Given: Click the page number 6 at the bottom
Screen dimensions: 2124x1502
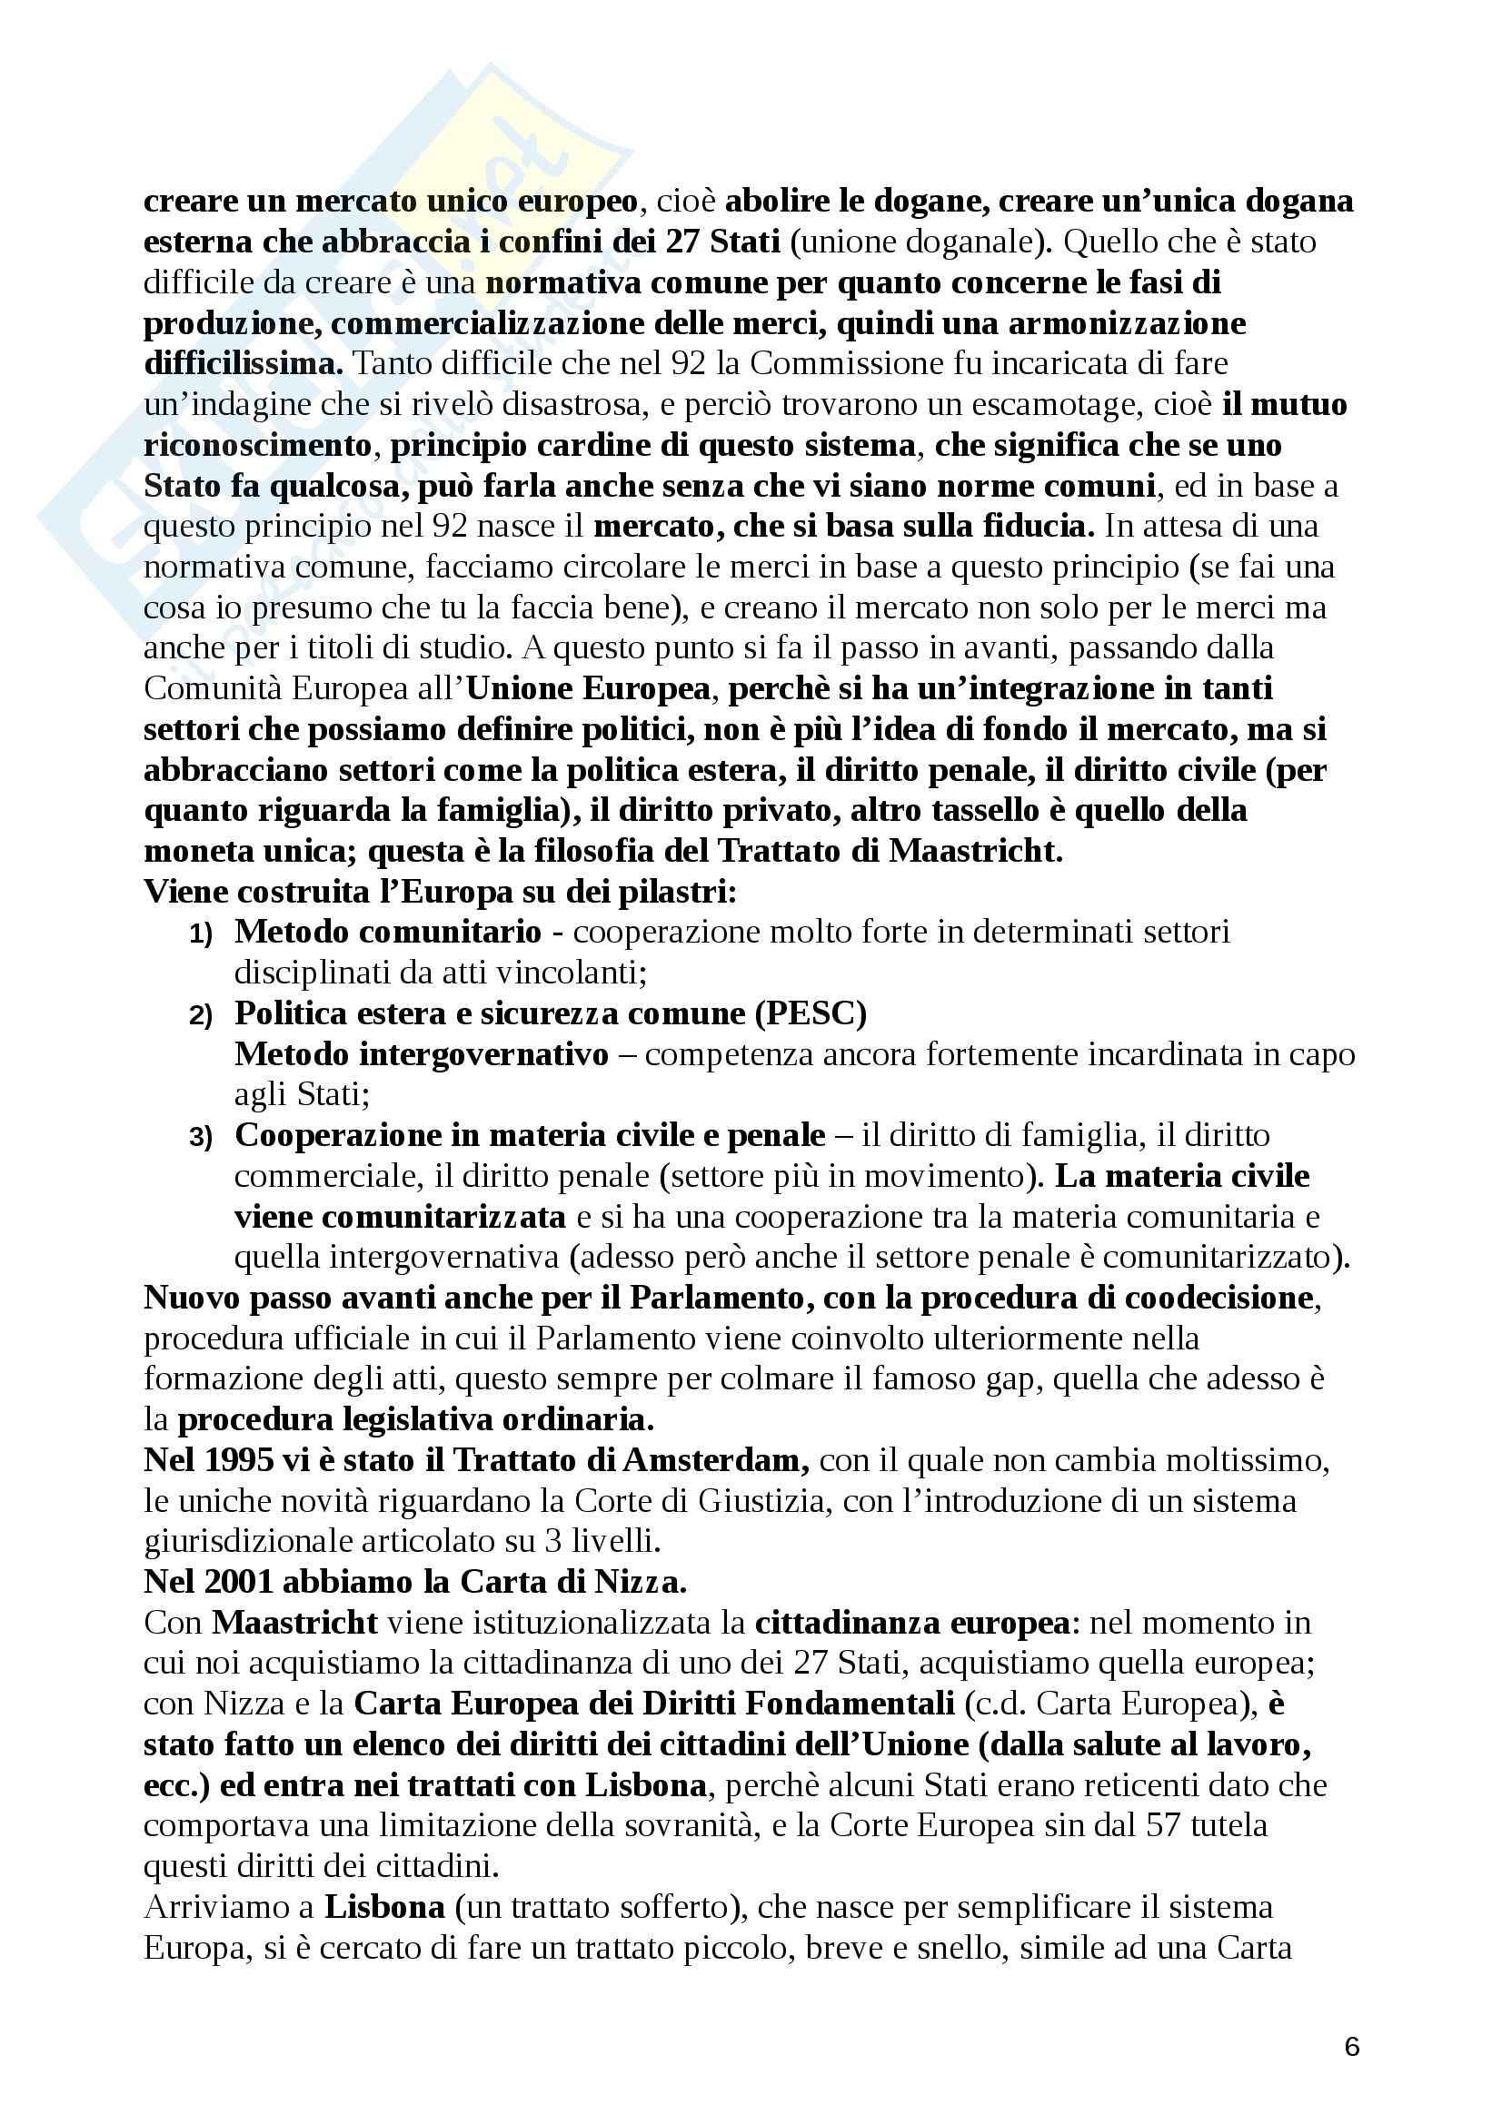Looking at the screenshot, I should click(1351, 2046).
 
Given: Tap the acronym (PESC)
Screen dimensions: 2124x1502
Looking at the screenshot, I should click(811, 1014).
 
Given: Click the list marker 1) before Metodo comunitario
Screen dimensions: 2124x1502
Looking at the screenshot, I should click(202, 934).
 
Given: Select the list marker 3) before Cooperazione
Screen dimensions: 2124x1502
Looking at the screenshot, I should click(202, 1138).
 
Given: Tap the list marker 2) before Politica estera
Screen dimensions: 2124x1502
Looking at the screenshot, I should click(202, 1016).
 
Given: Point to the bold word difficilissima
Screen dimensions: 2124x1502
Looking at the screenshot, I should click(244, 363).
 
